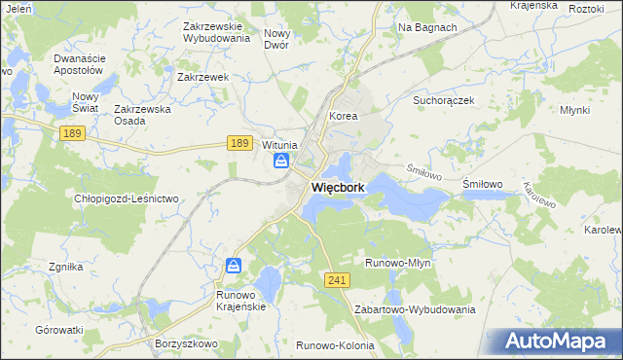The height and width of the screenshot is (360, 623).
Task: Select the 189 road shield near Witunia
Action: pos(241,143)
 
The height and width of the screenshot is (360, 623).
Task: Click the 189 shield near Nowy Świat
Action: pos(70,132)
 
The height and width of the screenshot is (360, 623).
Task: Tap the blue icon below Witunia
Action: pos(282,162)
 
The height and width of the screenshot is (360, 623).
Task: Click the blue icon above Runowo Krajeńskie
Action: pos(234,265)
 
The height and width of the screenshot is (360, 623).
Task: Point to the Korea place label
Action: pos(344,116)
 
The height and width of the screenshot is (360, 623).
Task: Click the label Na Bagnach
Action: pos(427,27)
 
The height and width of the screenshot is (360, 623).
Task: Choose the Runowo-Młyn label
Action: pos(397,263)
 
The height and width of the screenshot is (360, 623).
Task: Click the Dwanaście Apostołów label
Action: pos(79,64)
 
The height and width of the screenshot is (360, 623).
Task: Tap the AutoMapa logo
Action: pos(560,341)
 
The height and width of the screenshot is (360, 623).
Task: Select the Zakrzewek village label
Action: pos(202,77)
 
